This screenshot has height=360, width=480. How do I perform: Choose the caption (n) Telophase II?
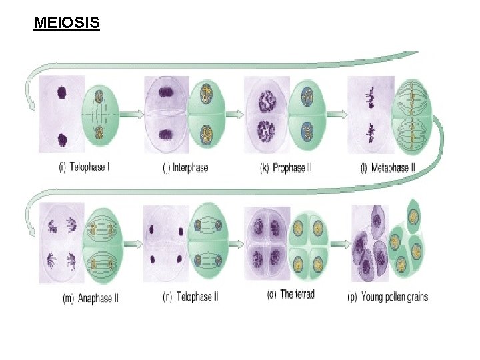coord(190,297)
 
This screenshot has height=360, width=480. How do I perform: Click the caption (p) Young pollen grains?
coord(388,297)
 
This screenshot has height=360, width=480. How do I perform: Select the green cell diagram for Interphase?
coord(207,115)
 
